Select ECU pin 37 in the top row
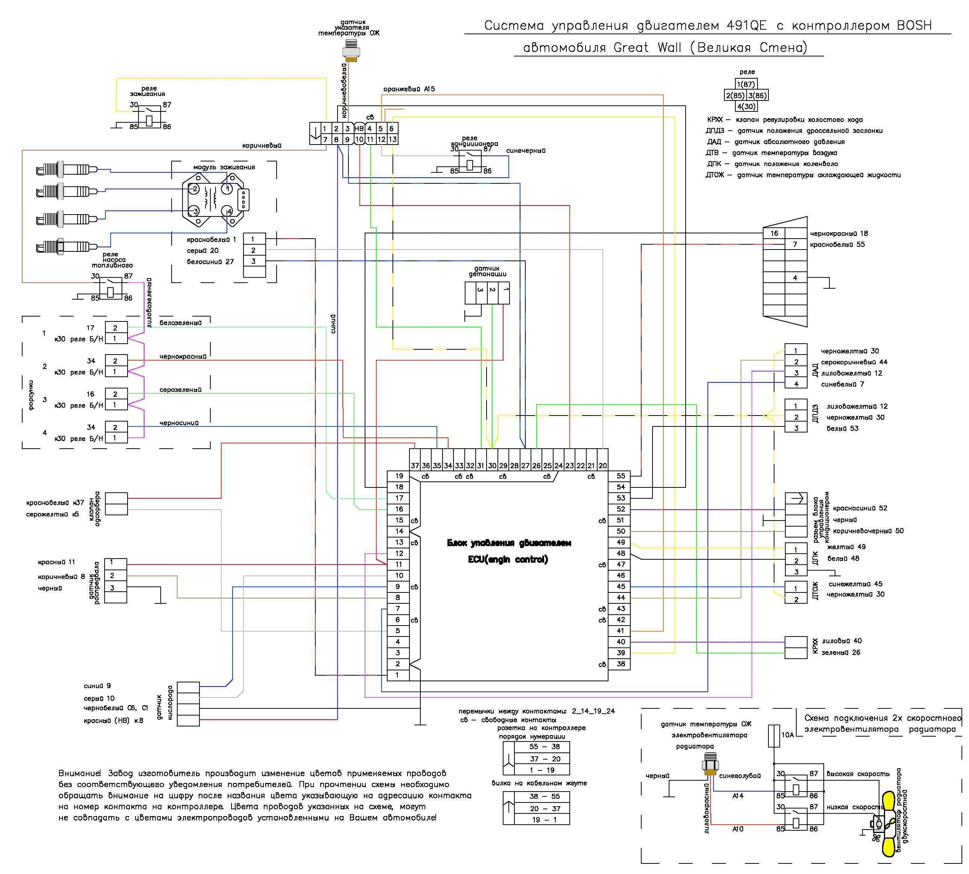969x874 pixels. coord(415,465)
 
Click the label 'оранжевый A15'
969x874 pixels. coord(409,89)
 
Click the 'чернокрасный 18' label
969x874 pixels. coord(839,234)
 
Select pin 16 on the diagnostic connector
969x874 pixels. coord(774,233)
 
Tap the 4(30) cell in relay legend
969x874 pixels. coord(746,107)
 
